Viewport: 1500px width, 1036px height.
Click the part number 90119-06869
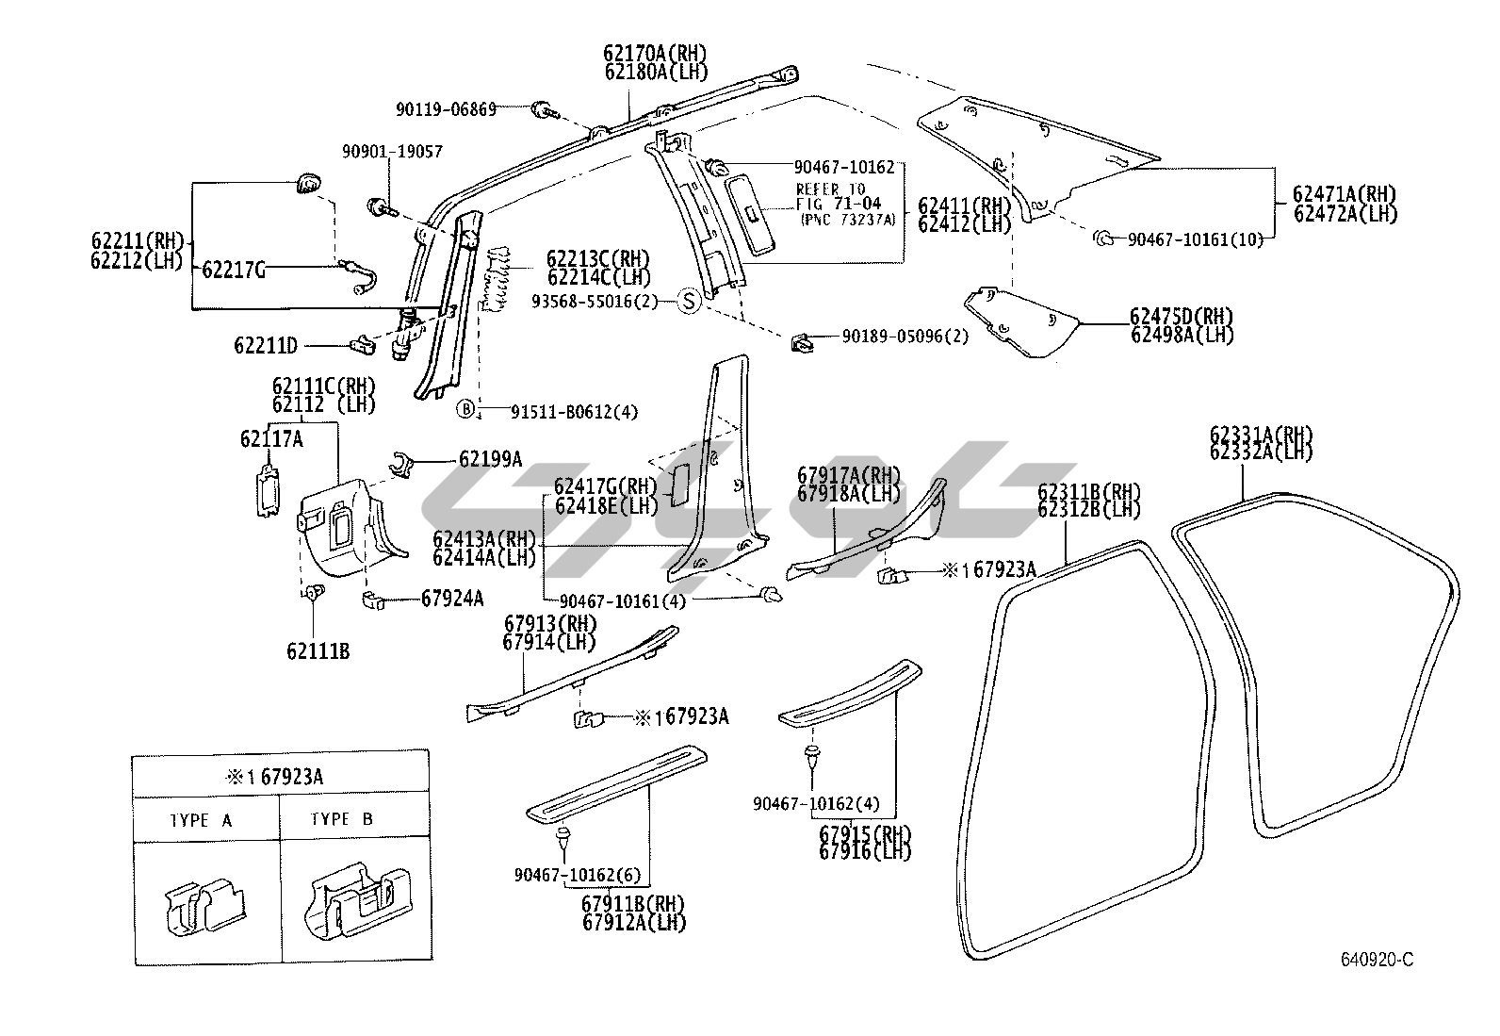tap(446, 109)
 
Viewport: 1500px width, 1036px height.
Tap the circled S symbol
tap(689, 302)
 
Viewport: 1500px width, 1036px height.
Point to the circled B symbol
tap(465, 409)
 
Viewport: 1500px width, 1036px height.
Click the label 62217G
tap(233, 271)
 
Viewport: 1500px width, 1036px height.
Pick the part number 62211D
tap(266, 346)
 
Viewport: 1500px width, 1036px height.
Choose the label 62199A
tap(490, 459)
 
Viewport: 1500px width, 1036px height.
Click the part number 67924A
tap(452, 598)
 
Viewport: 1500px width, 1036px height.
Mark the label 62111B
tap(318, 650)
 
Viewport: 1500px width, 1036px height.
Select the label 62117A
tap(271, 438)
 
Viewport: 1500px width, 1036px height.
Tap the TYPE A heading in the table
tap(201, 820)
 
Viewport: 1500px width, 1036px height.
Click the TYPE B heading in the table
tap(341, 819)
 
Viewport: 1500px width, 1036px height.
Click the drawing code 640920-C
tap(1378, 960)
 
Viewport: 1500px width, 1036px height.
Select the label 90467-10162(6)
tap(578, 875)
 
